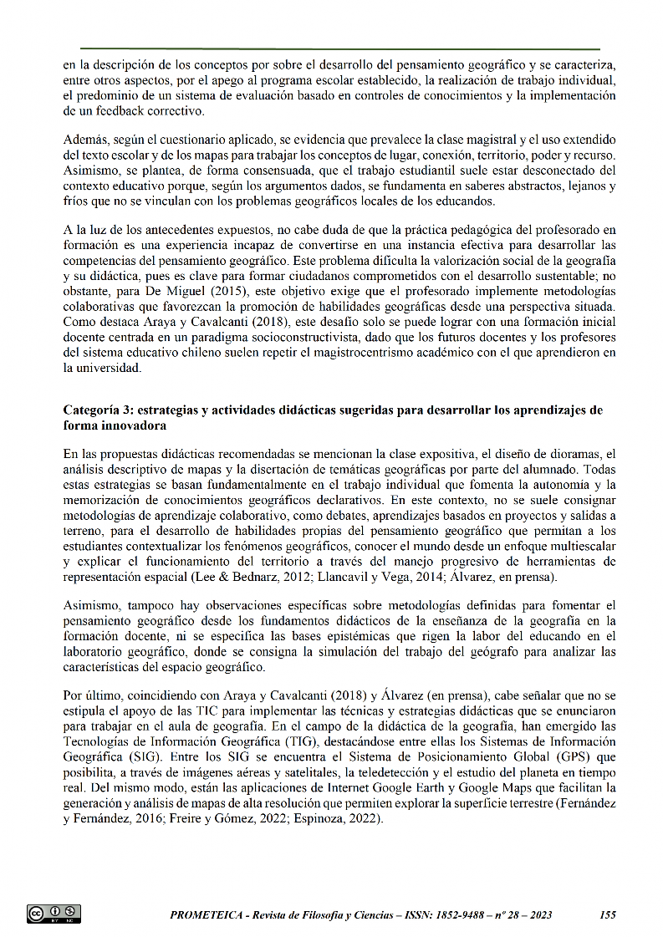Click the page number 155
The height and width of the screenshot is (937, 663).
pos(608,914)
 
